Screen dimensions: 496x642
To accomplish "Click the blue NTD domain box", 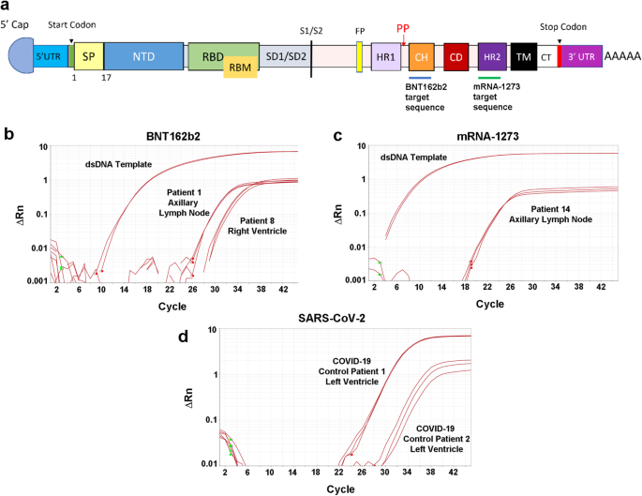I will pyautogui.click(x=143, y=57).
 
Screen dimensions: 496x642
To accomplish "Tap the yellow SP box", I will pyautogui.click(x=88, y=57).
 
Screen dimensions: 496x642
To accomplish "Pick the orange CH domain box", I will pyautogui.click(x=422, y=57).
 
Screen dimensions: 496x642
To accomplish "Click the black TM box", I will pyautogui.click(x=521, y=57).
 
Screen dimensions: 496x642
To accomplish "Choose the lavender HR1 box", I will pyautogui.click(x=386, y=57).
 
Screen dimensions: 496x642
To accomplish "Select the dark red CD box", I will pyautogui.click(x=456, y=57).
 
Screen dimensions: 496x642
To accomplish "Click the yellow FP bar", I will pyautogui.click(x=359, y=57).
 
